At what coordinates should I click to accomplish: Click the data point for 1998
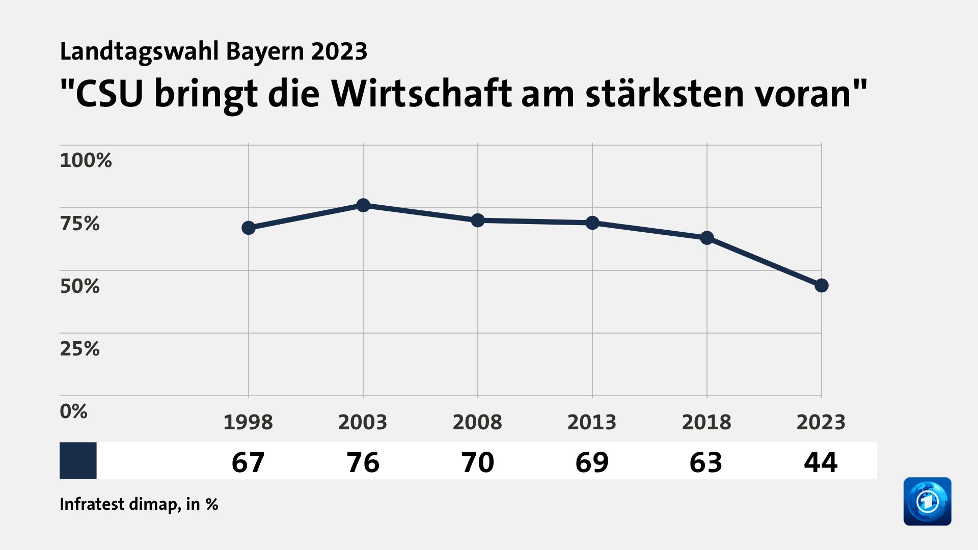click(249, 228)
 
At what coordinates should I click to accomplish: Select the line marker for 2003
click(363, 205)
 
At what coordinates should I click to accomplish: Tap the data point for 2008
click(478, 220)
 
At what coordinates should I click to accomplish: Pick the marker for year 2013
click(592, 223)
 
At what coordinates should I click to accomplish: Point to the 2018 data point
click(707, 238)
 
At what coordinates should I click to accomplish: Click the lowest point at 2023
click(821, 286)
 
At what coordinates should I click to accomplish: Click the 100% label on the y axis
click(86, 160)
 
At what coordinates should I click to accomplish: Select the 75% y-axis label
click(80, 223)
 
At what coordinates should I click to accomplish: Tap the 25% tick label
click(80, 349)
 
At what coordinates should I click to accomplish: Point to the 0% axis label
click(74, 411)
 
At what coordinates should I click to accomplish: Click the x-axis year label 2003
click(363, 422)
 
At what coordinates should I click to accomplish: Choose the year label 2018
click(707, 422)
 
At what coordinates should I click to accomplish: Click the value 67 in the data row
click(248, 462)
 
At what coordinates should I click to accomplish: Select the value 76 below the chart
click(363, 462)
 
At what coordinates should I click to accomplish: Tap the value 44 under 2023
click(821, 462)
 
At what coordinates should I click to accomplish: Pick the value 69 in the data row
click(592, 462)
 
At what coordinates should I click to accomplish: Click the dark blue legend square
click(78, 460)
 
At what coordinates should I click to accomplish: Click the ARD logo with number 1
click(927, 501)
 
